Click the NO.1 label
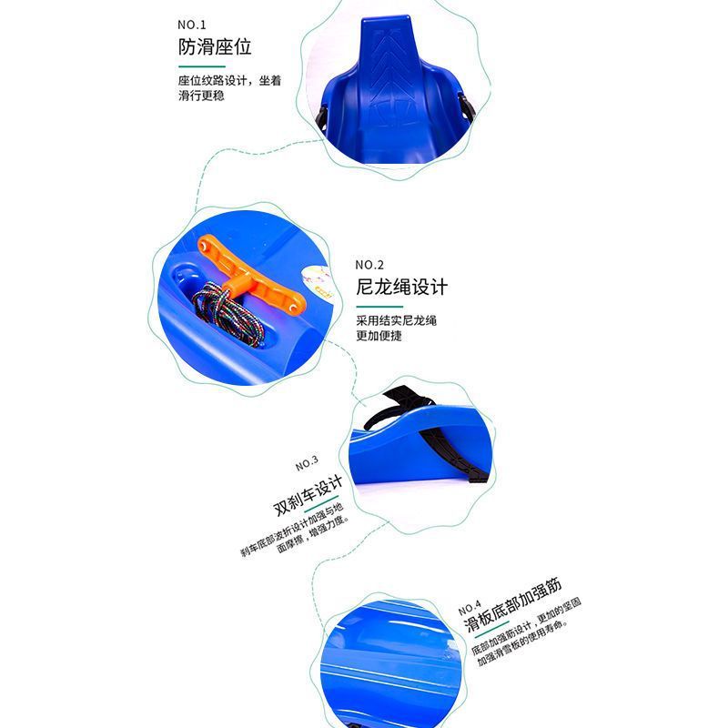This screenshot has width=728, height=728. [191, 25]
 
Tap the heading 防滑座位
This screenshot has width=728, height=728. [215, 47]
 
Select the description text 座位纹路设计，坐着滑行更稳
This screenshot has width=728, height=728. [229, 87]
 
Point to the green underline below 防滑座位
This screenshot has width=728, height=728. [201, 66]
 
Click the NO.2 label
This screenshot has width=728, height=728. [369, 265]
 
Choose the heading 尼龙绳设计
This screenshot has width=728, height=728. [401, 287]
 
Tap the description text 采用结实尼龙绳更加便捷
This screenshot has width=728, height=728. [396, 328]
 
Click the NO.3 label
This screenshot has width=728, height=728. [307, 463]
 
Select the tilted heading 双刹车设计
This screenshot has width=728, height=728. [308, 496]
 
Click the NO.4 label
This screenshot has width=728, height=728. [470, 608]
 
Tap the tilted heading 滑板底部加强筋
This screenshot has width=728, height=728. [512, 604]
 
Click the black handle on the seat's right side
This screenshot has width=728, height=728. [466, 107]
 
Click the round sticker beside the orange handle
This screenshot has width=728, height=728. [316, 282]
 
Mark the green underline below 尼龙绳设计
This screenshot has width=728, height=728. [379, 307]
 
